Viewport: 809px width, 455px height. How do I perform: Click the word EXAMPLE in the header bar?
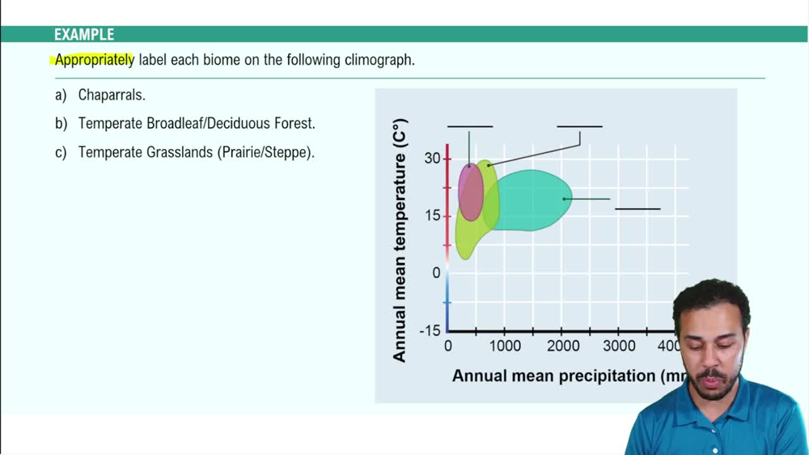click(x=84, y=35)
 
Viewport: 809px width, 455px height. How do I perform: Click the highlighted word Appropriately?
click(x=95, y=60)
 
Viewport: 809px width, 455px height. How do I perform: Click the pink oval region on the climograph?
click(x=470, y=193)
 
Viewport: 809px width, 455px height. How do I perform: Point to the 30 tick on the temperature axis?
click(x=431, y=158)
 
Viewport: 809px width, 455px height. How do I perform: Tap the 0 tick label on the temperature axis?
click(x=436, y=273)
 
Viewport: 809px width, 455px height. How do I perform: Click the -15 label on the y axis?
click(x=429, y=330)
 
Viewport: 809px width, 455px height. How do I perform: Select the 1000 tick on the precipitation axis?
click(x=504, y=346)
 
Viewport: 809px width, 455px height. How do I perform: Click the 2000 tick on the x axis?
click(x=562, y=346)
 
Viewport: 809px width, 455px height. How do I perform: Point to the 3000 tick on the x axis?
click(x=620, y=346)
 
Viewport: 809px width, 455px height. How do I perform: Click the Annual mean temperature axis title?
click(x=400, y=240)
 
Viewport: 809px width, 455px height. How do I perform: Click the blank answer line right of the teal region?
click(x=637, y=209)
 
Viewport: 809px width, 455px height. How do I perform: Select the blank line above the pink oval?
click(x=469, y=126)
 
